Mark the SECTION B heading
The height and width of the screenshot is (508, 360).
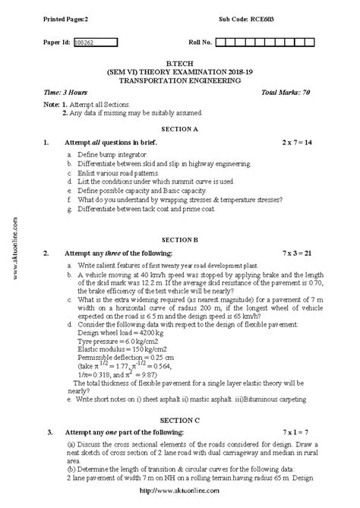[x=179, y=239]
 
